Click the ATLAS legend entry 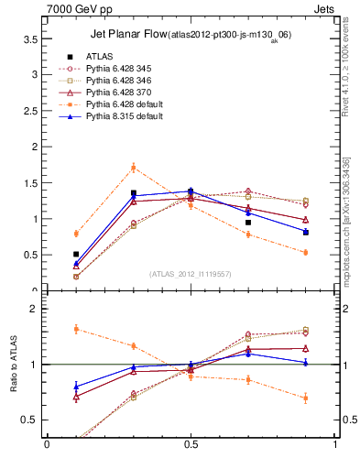tap(100, 56)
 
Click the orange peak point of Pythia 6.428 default tap(133, 168)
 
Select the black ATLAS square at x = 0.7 tap(248, 222)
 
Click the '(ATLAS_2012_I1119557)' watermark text tap(190, 274)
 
